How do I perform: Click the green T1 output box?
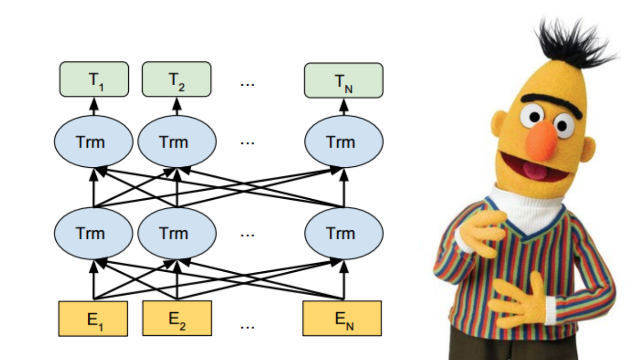94,79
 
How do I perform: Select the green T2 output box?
177,79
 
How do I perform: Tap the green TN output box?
343,80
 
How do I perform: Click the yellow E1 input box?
93,318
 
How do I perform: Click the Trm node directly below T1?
93,142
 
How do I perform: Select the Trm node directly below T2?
177,142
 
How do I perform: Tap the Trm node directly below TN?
343,142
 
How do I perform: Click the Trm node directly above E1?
93,233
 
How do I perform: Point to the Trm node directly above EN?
343,233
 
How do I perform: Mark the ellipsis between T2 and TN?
247,84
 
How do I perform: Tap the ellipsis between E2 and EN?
247,326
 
